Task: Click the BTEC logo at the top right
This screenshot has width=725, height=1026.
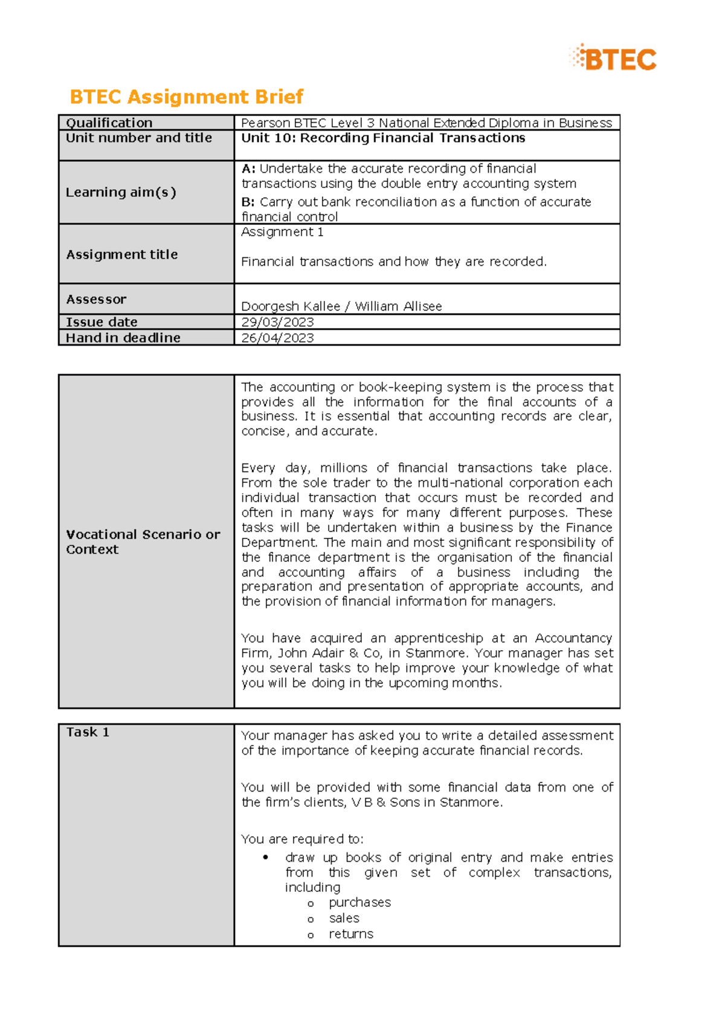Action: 613,59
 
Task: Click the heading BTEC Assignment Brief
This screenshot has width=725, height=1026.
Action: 186,97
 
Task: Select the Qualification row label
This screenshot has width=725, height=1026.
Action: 109,123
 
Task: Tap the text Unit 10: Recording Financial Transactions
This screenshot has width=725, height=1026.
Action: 383,138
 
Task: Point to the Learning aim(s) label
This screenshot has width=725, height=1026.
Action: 121,192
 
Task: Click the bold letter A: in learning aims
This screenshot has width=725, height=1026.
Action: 248,169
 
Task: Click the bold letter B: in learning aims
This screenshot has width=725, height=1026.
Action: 248,202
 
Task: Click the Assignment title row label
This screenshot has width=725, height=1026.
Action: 122,254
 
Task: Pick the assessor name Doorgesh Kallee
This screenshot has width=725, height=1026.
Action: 290,306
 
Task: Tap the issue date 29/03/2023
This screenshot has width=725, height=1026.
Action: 277,322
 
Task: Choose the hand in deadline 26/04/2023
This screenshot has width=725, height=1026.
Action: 277,338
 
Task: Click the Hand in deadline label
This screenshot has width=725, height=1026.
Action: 123,338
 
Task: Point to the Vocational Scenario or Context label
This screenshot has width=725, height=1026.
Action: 143,541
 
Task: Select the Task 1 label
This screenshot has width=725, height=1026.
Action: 88,732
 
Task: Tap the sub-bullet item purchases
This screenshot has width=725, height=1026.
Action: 359,902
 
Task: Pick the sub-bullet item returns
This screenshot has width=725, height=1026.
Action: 351,934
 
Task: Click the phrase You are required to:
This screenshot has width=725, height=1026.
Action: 302,839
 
